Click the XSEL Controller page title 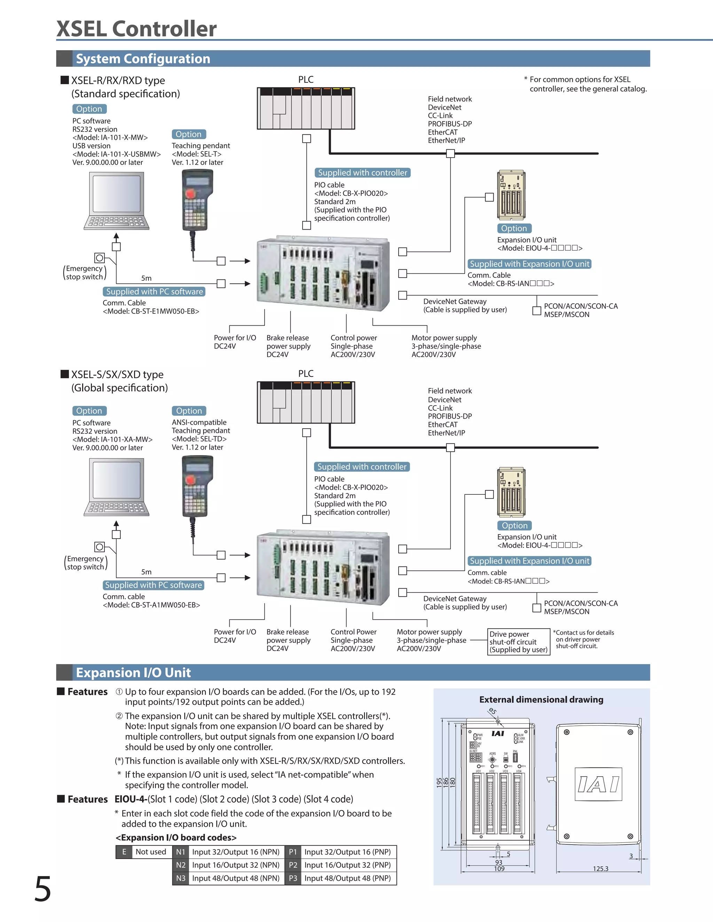pos(136,29)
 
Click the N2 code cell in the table pos(181,865)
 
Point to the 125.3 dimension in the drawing pos(600,869)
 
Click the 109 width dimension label pos(499,869)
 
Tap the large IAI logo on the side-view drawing pos(598,784)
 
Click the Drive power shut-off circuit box pos(518,642)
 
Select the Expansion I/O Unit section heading pos(133,673)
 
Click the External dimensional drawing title pos(541,700)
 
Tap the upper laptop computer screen pos(117,194)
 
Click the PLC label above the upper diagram pos(306,79)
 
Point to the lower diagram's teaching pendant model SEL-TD pos(199,439)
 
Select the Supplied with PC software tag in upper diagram pos(154,292)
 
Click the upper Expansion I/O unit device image pos(511,195)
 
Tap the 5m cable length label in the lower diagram pos(146,572)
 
